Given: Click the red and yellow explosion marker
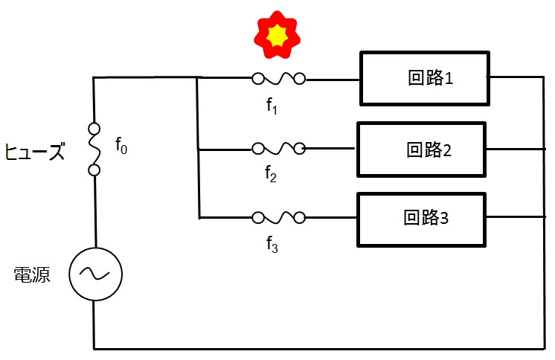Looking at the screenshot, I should click(277, 34).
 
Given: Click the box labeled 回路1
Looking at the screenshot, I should click(425, 78).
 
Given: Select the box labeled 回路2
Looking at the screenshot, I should click(422, 150).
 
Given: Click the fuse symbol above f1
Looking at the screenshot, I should click(279, 78).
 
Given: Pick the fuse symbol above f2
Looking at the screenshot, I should click(279, 149).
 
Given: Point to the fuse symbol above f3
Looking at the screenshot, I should click(279, 218).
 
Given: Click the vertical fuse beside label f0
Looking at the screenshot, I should click(94, 149).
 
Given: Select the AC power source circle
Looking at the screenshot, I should click(95, 274).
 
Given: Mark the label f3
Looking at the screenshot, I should click(272, 245).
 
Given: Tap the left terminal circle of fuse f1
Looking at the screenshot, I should click(258, 78).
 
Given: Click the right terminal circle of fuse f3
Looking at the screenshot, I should click(300, 218).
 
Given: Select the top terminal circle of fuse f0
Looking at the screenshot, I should click(94, 128).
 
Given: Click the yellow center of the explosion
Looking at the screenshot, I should click(277, 34).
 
